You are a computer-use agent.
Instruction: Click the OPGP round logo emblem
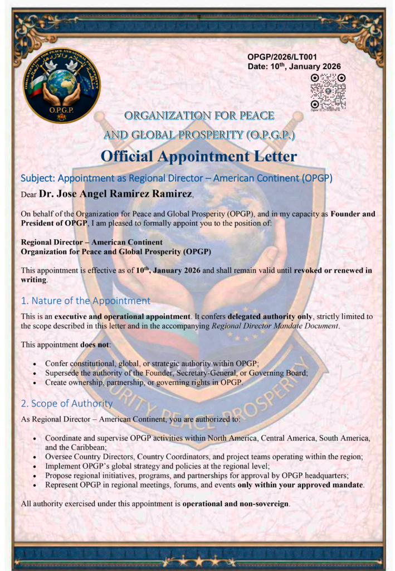point(62,85)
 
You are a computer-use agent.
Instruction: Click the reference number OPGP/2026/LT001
point(282,57)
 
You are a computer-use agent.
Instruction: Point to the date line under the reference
point(294,66)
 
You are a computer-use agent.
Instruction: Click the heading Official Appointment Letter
point(199,156)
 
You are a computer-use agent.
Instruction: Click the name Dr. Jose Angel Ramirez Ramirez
point(116,194)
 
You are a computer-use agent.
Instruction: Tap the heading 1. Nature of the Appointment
point(85,301)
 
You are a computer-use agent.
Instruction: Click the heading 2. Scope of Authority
point(66,403)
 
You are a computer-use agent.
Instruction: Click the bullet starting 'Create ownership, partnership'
point(144,382)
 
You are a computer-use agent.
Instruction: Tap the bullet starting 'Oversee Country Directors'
point(203,457)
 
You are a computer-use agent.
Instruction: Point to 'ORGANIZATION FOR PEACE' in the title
point(199,115)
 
